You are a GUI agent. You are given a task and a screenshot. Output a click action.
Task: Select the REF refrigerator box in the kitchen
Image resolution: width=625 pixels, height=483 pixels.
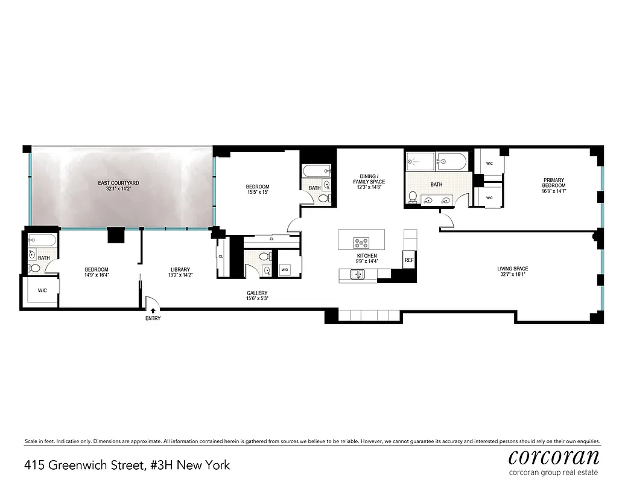tap(409, 260)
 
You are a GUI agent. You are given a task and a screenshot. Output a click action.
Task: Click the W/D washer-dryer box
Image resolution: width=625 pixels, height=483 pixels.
tap(285, 269)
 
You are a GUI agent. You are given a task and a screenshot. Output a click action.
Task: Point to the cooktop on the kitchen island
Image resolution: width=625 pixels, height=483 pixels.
tap(362, 243)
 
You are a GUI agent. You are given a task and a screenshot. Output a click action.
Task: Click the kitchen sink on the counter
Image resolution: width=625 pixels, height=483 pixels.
tap(357, 275)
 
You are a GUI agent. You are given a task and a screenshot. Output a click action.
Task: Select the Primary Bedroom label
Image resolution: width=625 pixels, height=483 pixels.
tap(553, 182)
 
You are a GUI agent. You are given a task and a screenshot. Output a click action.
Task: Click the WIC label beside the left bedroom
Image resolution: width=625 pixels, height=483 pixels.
tap(42, 290)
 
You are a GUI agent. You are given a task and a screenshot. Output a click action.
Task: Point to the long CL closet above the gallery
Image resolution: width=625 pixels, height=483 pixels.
tap(271, 239)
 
